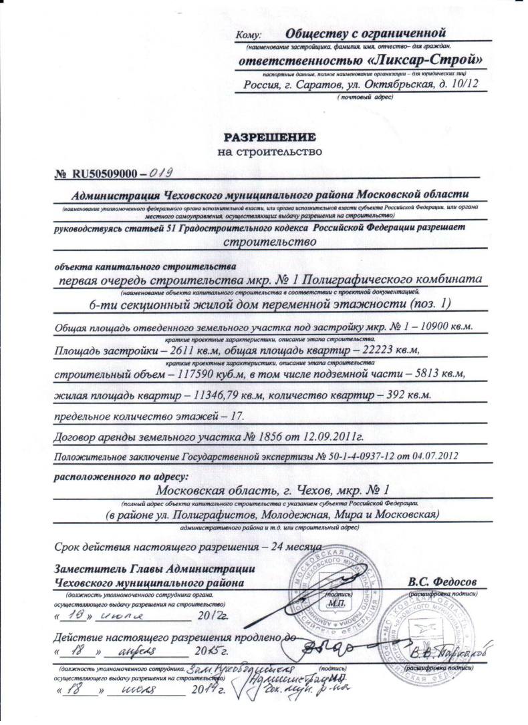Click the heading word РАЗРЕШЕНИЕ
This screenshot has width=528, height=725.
[x=269, y=138]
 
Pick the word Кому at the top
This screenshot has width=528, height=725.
[x=251, y=35]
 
